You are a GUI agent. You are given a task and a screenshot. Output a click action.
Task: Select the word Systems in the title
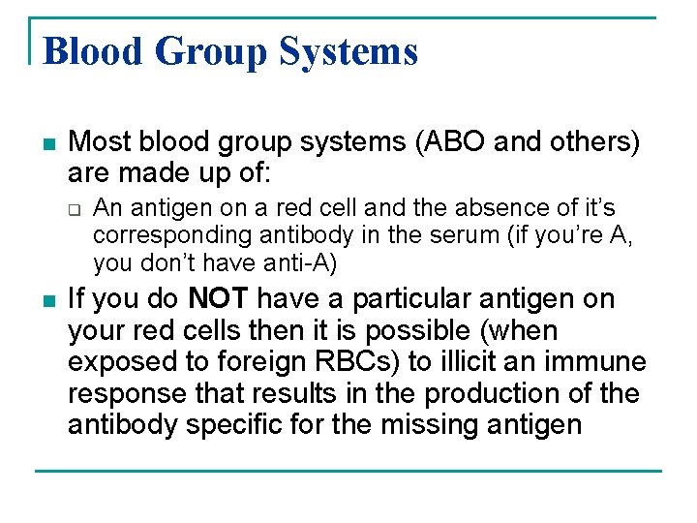click(x=349, y=51)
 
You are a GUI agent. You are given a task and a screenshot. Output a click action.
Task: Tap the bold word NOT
click(x=220, y=299)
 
